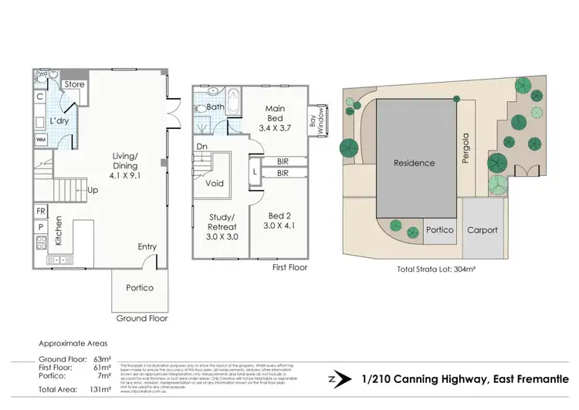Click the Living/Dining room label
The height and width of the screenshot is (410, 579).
(124, 165)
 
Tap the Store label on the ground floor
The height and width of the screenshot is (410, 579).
(74, 84)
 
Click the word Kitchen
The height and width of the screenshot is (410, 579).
(59, 231)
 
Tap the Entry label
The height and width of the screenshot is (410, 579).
(147, 247)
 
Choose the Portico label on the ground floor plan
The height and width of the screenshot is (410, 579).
(140, 288)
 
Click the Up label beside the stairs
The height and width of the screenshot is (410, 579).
(93, 189)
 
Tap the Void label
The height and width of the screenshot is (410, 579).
(215, 184)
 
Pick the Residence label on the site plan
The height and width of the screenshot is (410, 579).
(414, 163)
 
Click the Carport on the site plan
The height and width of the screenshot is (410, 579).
(482, 230)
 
